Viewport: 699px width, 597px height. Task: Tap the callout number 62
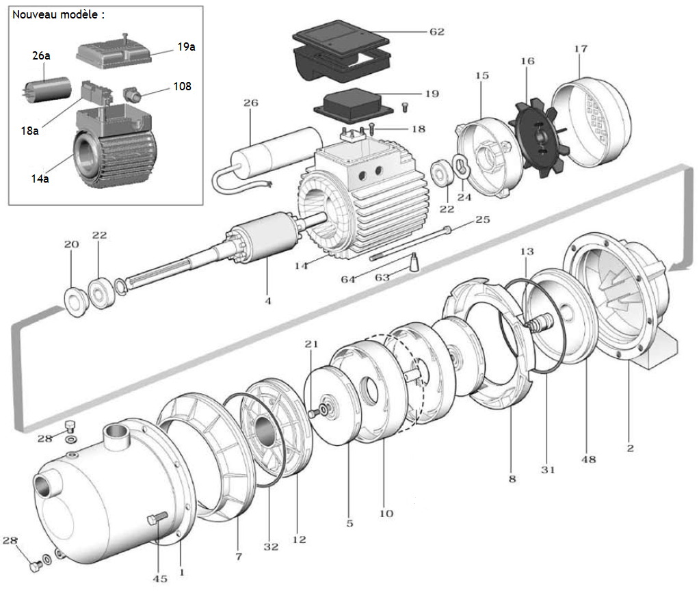coord(437,32)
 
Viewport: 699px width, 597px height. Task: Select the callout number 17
coord(581,49)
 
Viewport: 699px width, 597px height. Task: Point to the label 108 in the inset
coord(182,87)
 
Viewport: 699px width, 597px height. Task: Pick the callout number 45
coord(159,579)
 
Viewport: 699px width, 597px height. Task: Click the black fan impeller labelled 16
coord(538,137)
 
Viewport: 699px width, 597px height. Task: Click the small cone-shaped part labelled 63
coord(414,262)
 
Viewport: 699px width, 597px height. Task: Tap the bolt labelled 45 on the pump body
coord(157,519)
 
